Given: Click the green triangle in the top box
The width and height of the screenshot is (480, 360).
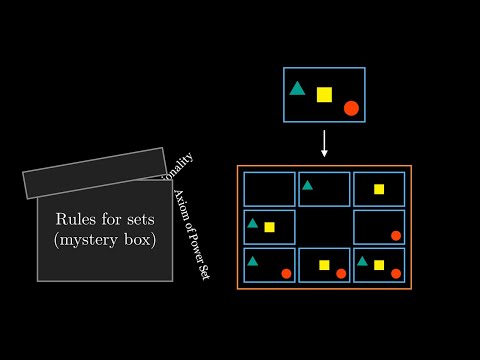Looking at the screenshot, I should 297,88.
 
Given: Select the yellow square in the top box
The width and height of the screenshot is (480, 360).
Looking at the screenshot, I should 324,95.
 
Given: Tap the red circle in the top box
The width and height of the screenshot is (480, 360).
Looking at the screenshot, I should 351,108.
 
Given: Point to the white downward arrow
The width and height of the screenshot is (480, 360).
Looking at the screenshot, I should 324,142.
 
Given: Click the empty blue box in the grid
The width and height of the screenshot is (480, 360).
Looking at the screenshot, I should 269,189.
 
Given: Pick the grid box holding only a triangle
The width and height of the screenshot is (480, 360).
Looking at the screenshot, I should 324,189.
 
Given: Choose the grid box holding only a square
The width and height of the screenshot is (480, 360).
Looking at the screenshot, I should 379,189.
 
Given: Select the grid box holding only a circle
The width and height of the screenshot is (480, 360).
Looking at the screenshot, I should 379,227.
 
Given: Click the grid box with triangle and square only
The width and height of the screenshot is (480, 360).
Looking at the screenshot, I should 269,227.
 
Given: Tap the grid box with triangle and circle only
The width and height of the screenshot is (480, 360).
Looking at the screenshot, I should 269,265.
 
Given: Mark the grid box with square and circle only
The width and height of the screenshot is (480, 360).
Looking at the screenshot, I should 324,265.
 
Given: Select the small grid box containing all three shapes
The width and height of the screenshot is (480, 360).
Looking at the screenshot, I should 379,265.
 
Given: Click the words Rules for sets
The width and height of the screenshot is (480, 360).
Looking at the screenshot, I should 105,219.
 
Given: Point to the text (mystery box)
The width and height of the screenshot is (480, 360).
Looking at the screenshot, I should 105,240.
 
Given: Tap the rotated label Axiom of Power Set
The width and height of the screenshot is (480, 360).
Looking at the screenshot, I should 191,234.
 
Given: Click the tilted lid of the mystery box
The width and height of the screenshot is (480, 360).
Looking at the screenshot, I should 95,173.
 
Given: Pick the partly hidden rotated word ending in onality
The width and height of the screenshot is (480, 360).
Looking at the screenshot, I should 181,164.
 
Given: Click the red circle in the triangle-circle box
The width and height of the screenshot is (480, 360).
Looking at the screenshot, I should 286,273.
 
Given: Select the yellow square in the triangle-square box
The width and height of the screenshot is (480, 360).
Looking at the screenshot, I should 269,227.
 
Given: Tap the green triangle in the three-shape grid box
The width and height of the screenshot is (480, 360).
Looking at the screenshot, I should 362,261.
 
